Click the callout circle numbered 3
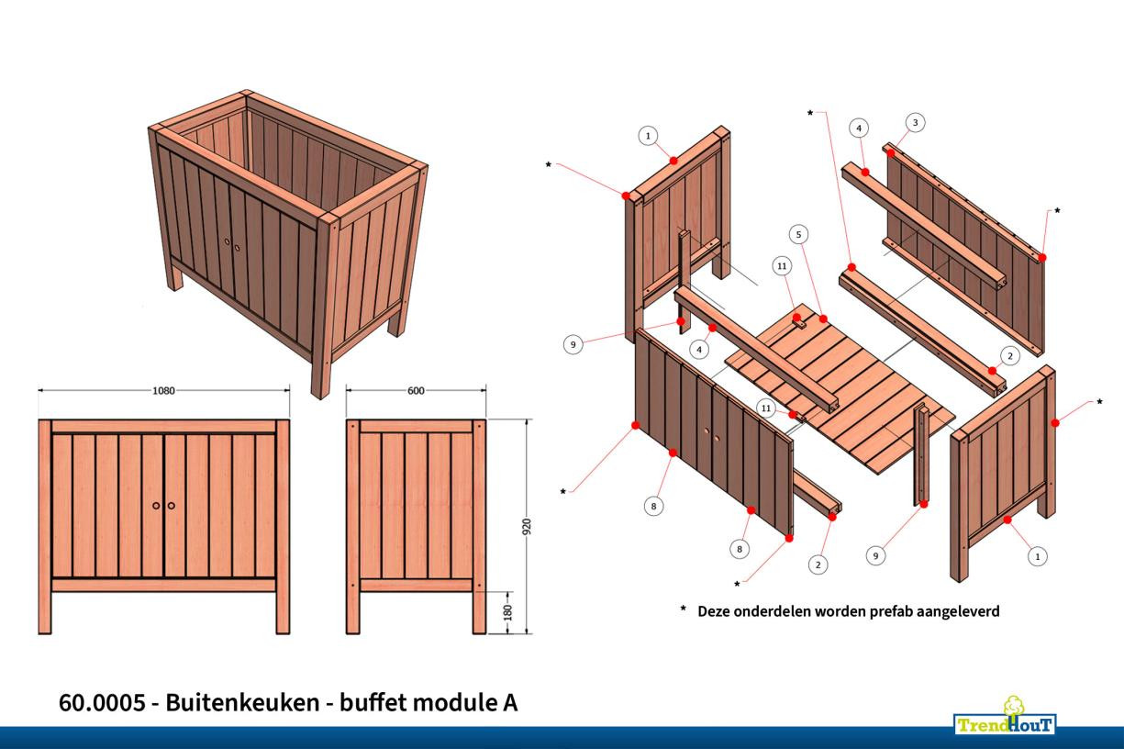914,122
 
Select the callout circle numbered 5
799,235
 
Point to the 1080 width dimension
163,390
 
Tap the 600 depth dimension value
416,390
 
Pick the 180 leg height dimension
507,611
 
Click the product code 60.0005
102,703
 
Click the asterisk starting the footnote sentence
683,609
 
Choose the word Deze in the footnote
717,610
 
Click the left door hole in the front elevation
156,506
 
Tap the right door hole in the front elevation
172,506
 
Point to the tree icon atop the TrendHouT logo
1014,706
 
